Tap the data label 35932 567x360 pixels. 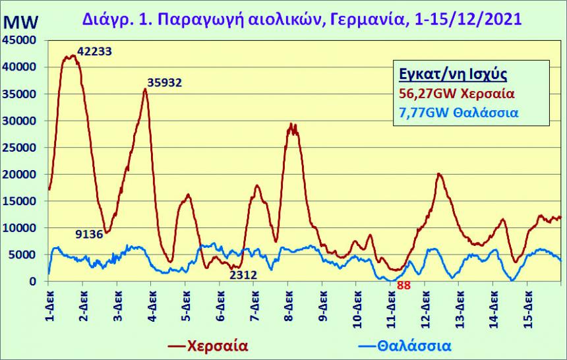(165, 83)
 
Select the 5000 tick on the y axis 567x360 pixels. (25, 255)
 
